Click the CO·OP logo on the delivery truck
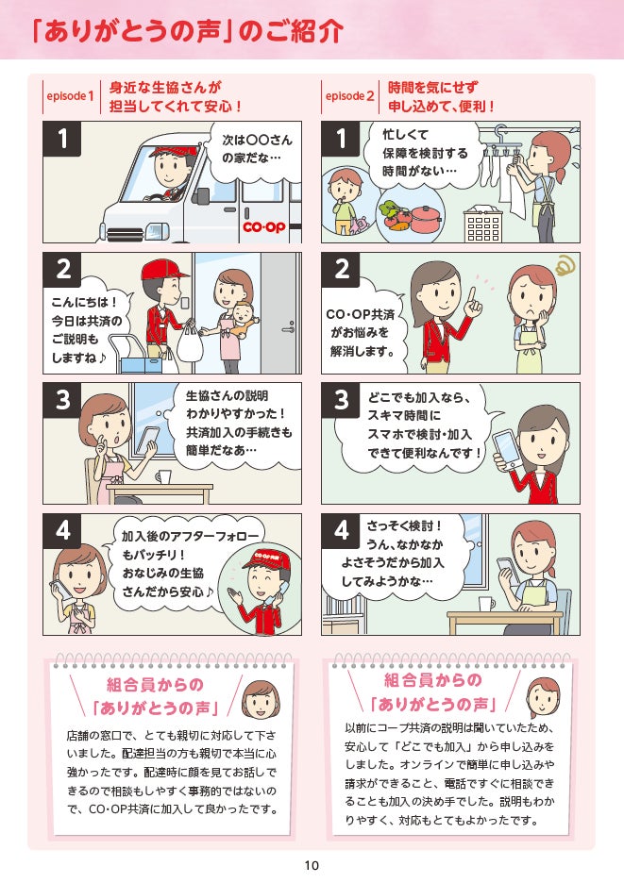264,227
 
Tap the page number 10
312,865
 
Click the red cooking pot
426,219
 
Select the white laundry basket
482,224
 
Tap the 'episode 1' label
71,96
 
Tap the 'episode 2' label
349,96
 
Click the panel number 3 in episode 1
62,400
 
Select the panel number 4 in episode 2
341,530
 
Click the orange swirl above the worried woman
564,265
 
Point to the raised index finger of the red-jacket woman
473,296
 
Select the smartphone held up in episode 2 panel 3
506,449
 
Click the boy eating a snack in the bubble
343,201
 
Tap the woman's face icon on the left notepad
261,698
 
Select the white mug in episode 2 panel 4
486,604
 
